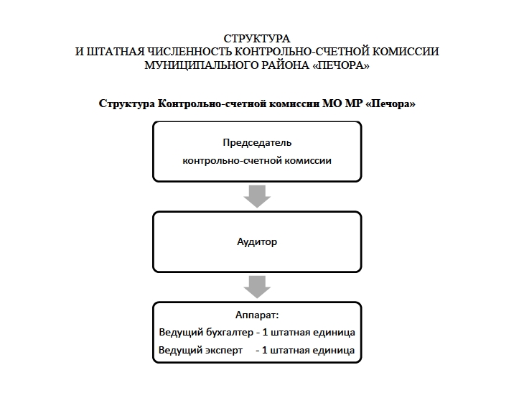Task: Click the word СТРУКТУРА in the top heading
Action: tap(257, 38)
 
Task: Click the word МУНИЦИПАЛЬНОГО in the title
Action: tap(196, 65)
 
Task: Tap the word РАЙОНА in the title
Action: tap(279, 65)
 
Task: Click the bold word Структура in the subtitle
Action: tap(128, 103)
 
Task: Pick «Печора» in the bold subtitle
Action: tap(391, 103)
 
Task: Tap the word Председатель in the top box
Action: tap(257, 142)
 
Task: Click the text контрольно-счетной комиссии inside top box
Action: tap(257, 161)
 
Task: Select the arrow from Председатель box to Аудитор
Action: tap(257, 195)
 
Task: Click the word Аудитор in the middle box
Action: tap(257, 242)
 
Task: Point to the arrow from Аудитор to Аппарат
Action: tap(257, 286)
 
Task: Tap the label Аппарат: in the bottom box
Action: tap(257, 315)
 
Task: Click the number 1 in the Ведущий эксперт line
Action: tap(266, 351)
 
